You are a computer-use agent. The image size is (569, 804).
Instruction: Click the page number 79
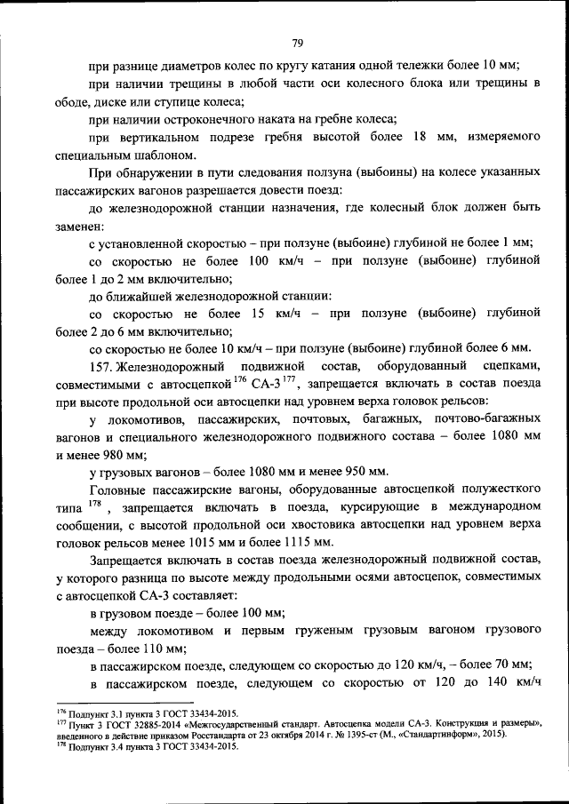click(x=298, y=42)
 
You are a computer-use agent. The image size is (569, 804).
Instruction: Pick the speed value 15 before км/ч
click(x=259, y=314)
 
